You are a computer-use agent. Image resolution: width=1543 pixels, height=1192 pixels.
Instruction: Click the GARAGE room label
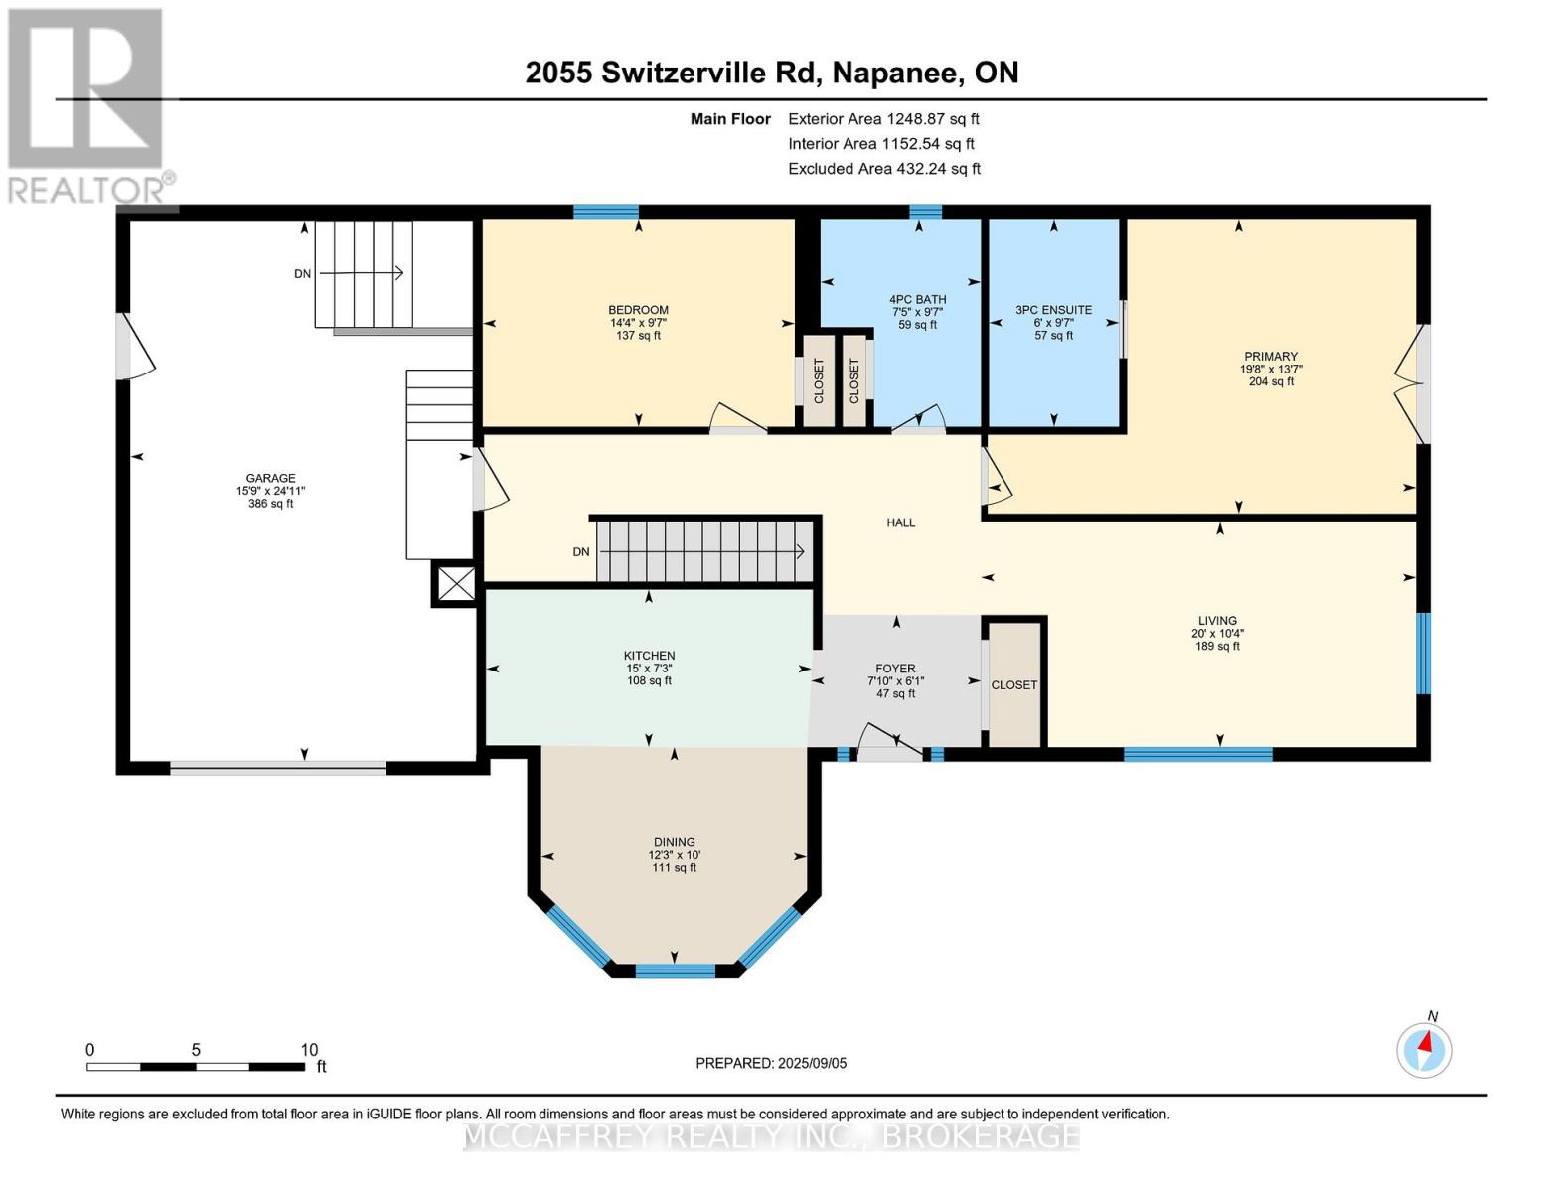click(270, 478)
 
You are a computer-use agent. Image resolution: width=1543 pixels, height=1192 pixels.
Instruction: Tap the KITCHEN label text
click(649, 656)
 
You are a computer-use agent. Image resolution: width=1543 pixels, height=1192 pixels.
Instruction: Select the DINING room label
click(674, 842)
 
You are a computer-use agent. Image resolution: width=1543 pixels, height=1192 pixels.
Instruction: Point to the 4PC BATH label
click(917, 299)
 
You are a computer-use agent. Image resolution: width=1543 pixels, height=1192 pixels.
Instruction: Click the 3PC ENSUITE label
click(1053, 310)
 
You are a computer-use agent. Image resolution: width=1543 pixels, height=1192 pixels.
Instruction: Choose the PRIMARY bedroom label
click(1270, 357)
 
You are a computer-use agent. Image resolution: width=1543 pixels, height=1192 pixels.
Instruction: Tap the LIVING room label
click(1216, 621)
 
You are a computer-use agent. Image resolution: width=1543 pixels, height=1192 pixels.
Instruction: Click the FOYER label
click(895, 669)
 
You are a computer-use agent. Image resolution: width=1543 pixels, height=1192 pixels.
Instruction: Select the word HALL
click(900, 522)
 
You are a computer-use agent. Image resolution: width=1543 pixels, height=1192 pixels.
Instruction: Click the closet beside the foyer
click(1014, 685)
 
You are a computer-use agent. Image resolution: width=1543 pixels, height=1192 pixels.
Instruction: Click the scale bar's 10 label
click(309, 1050)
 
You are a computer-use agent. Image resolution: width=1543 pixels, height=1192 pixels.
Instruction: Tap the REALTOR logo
click(87, 104)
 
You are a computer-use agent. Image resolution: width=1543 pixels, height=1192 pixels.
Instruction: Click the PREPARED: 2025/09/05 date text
click(771, 1063)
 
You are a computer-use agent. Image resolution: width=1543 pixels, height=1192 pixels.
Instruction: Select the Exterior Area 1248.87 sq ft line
click(883, 119)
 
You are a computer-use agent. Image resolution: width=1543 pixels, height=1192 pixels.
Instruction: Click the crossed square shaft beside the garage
click(456, 583)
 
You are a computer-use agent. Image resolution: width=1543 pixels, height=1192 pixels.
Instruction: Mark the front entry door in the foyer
click(890, 745)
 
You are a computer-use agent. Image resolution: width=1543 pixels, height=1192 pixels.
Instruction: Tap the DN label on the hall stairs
click(581, 552)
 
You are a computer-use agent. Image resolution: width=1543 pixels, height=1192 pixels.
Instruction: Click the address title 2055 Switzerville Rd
click(771, 73)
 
